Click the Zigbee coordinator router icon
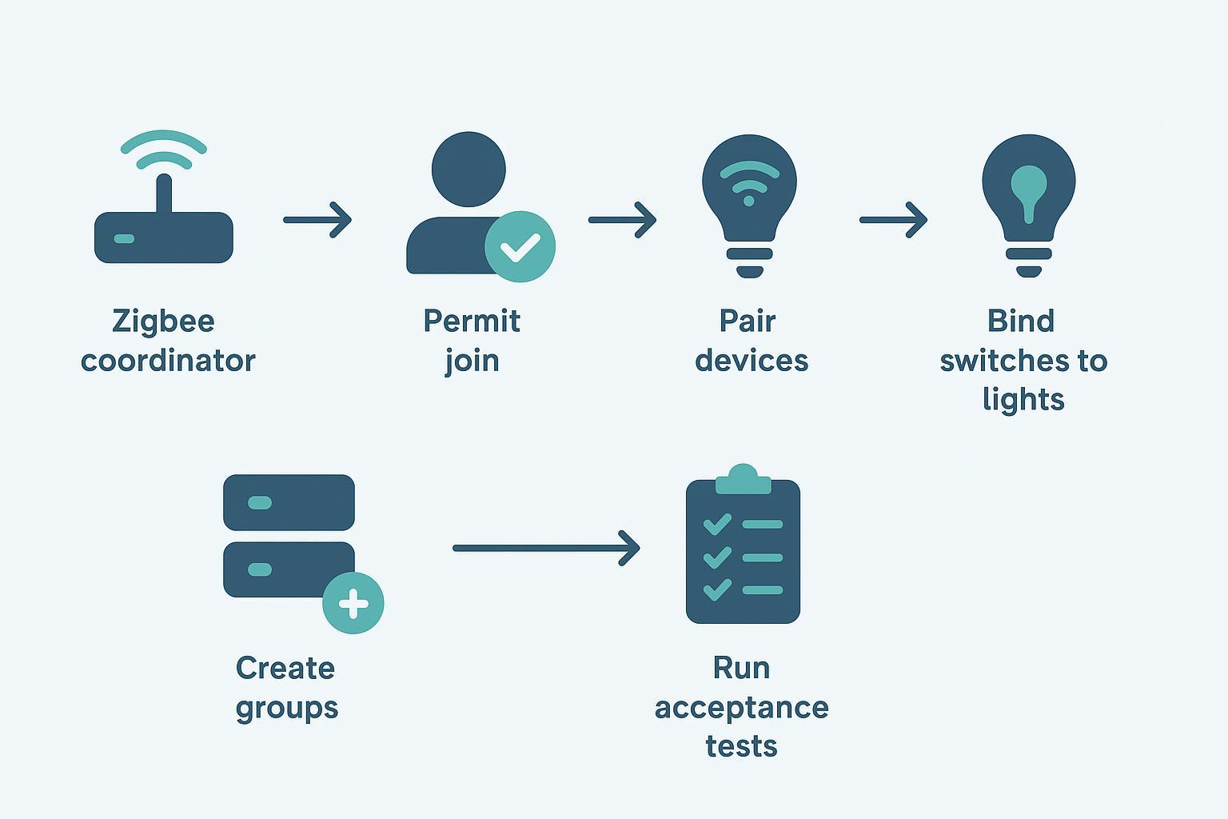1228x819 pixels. click(x=163, y=237)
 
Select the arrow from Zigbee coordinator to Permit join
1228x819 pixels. click(x=317, y=219)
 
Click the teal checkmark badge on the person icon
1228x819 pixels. click(x=520, y=246)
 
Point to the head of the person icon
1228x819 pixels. click(x=468, y=170)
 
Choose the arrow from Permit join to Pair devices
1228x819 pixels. click(x=622, y=219)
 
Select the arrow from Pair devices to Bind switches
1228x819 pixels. click(x=893, y=219)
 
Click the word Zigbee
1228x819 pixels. click(x=163, y=322)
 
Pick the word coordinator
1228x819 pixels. click(x=168, y=361)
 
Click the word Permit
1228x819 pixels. click(x=472, y=322)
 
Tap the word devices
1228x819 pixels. click(x=752, y=361)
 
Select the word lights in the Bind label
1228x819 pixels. click(x=1023, y=399)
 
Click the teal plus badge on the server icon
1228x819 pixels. click(x=353, y=604)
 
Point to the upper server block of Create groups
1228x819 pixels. click(x=289, y=502)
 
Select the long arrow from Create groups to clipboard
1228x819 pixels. click(x=545, y=548)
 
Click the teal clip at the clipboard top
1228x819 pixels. click(x=743, y=480)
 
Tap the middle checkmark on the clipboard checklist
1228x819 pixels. click(x=717, y=557)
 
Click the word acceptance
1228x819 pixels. click(x=741, y=708)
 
